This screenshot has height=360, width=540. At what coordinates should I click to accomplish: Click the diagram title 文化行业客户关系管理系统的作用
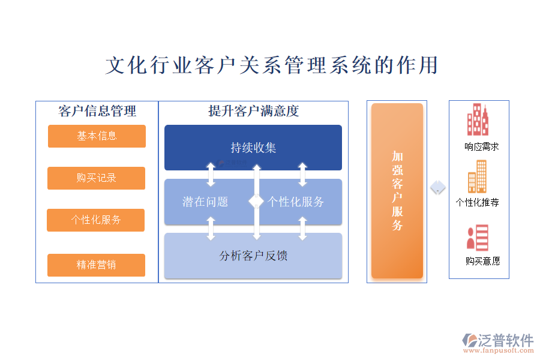(271, 65)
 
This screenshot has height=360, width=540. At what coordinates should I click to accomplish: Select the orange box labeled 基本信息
(97, 136)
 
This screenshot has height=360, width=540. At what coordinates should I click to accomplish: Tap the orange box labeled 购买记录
(96, 178)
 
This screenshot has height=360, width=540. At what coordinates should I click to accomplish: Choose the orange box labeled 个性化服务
(96, 220)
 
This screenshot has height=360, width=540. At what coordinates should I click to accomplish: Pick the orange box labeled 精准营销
(96, 265)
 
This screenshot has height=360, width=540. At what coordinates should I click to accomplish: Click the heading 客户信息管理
(97, 111)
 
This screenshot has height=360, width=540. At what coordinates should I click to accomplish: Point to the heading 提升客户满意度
(253, 111)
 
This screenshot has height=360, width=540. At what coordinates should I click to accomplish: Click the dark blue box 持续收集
(253, 148)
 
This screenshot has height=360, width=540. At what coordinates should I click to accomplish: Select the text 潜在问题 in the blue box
(205, 202)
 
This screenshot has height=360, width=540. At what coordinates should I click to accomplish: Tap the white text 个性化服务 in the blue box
(295, 202)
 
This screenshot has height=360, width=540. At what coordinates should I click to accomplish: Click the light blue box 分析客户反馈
(253, 256)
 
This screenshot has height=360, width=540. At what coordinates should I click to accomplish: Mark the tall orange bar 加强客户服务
(397, 191)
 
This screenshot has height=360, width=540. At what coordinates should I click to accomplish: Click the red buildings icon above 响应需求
(479, 120)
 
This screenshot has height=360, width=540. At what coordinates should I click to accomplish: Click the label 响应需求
(481, 146)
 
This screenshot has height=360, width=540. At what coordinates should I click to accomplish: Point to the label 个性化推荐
(478, 202)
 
